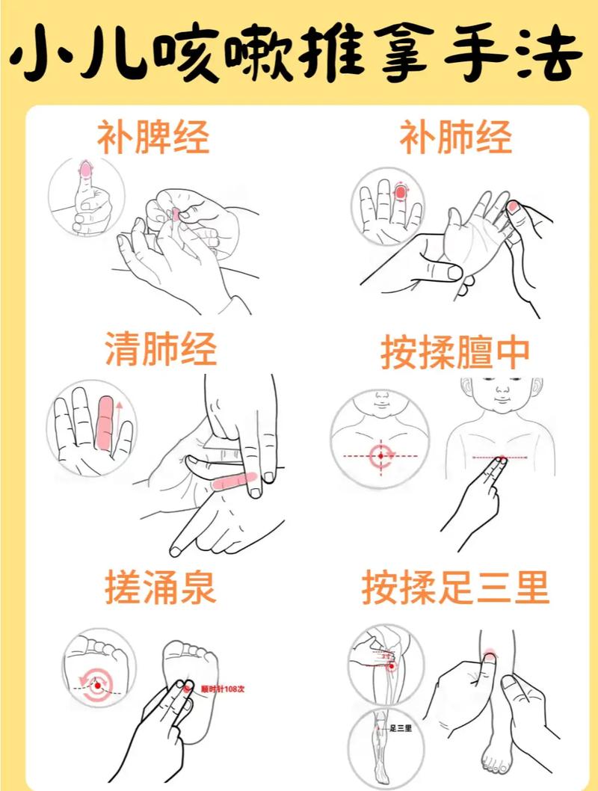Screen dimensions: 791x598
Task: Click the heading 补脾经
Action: (152, 138)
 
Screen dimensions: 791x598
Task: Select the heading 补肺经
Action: (455, 138)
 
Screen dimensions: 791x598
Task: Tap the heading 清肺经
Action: (161, 350)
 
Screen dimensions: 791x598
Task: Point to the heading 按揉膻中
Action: (455, 352)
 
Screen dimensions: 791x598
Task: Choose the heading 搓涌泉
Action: (161, 588)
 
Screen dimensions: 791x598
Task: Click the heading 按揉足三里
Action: (455, 588)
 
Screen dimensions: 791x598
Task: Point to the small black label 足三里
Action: (401, 727)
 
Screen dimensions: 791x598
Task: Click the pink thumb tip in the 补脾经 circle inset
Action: (86, 171)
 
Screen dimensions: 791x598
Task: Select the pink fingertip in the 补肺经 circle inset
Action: (401, 192)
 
